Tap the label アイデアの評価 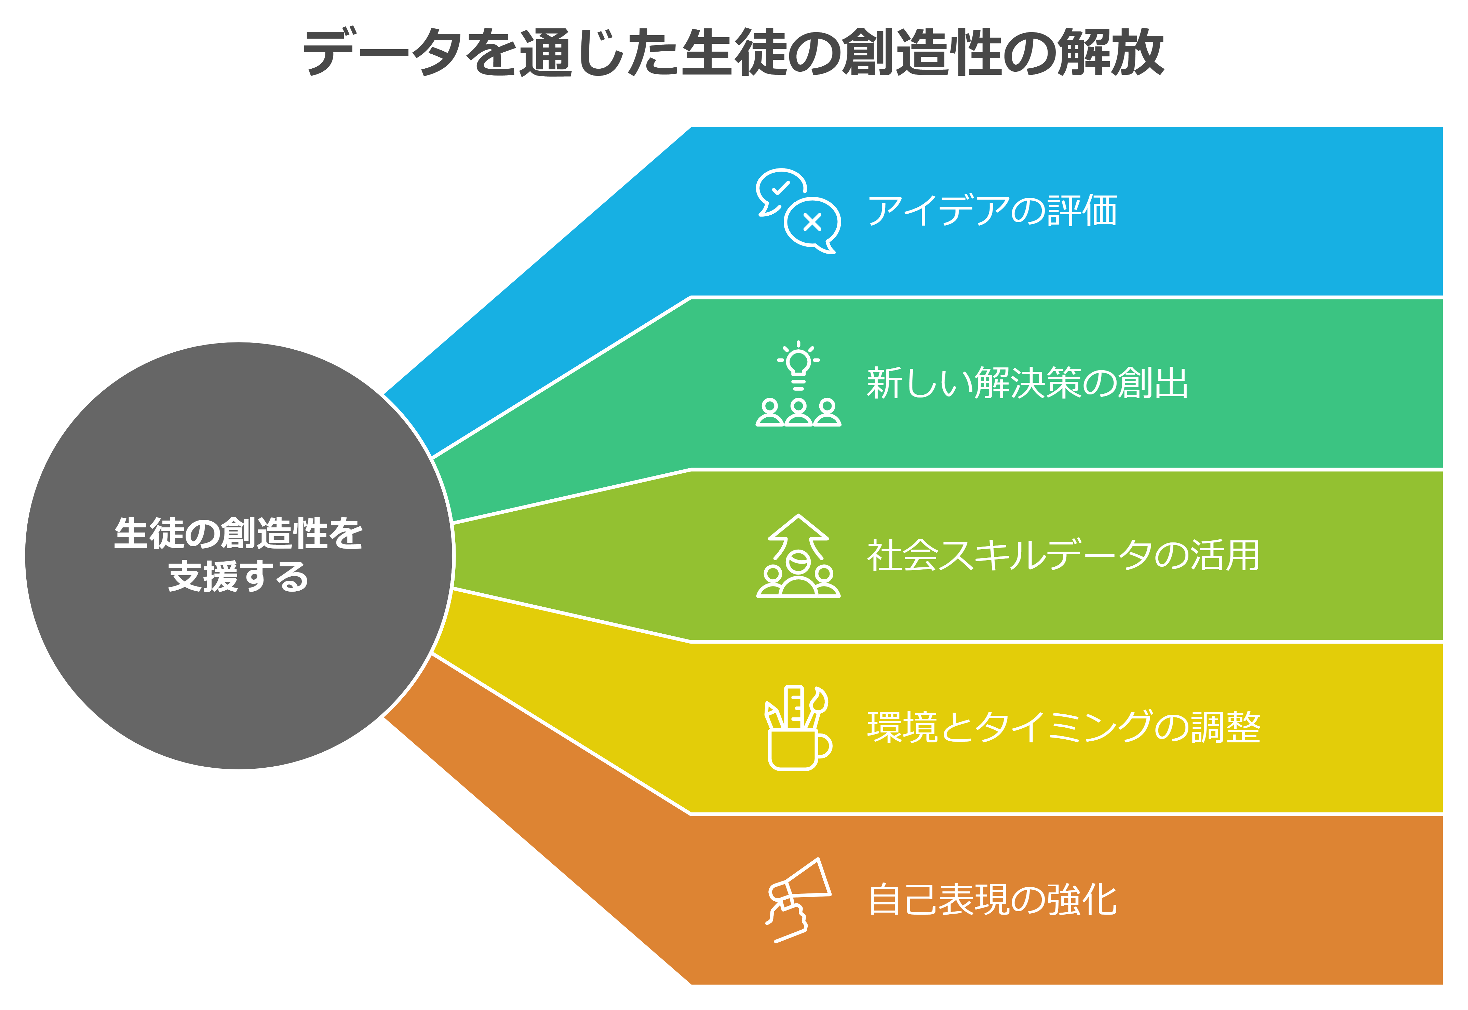pyautogui.click(x=992, y=211)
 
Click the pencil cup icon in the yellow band pyautogui.click(x=798, y=728)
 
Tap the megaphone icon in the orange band pyautogui.click(x=798, y=900)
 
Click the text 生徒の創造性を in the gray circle pyautogui.click(x=239, y=534)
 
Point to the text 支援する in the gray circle pyautogui.click(x=239, y=577)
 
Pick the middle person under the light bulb pyautogui.click(x=798, y=413)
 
